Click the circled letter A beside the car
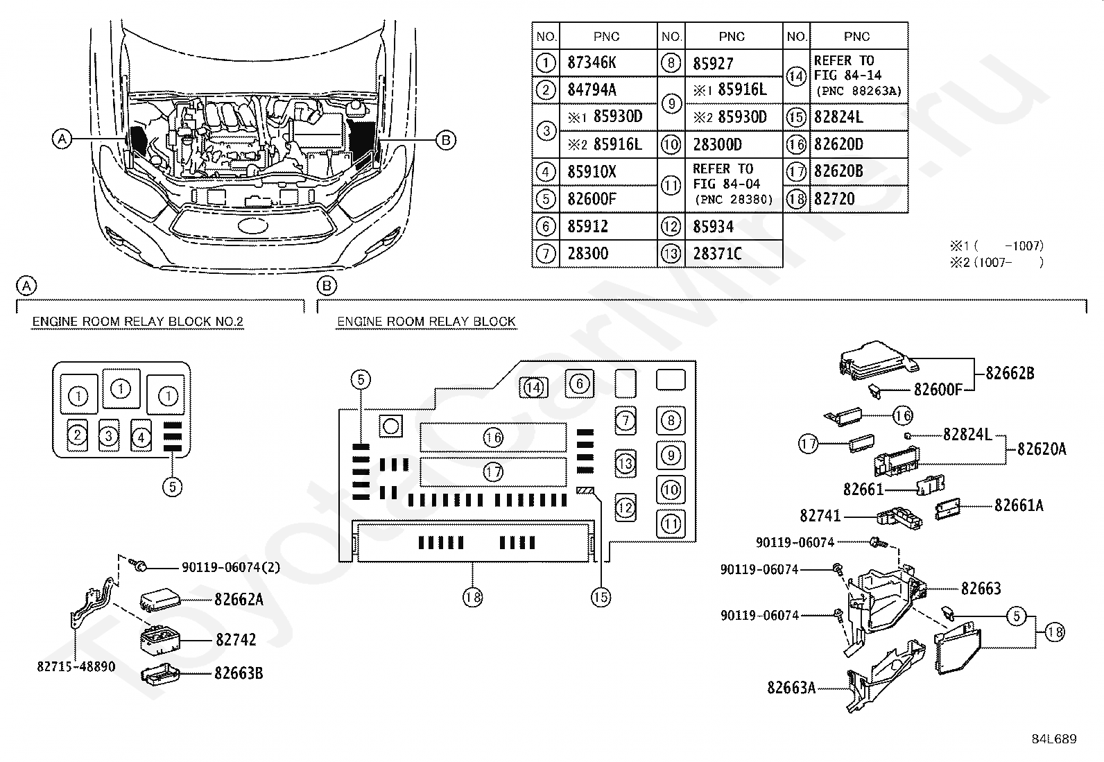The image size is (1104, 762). coord(62,139)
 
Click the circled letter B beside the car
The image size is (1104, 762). coord(446,140)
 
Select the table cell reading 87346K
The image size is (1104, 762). coord(592,62)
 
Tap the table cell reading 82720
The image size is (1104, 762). coord(834,199)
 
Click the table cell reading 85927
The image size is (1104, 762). coord(713,63)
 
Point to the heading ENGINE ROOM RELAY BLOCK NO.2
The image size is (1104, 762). coord(138,322)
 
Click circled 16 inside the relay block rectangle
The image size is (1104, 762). coord(493,438)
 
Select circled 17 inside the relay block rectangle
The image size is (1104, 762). coord(493,472)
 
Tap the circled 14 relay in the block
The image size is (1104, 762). coord(533,388)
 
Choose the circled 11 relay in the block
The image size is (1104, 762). coord(671,523)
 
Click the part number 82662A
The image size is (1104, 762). coord(239,599)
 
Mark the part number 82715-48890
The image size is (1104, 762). coord(76,667)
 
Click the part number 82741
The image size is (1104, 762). coord(820,516)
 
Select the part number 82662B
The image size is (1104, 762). coord(1010,373)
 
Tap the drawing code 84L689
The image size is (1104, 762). coord(1053,739)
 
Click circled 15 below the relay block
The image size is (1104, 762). coord(601,597)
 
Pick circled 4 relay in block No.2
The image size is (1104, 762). coord(141,438)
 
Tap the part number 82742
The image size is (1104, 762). coord(236,639)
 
